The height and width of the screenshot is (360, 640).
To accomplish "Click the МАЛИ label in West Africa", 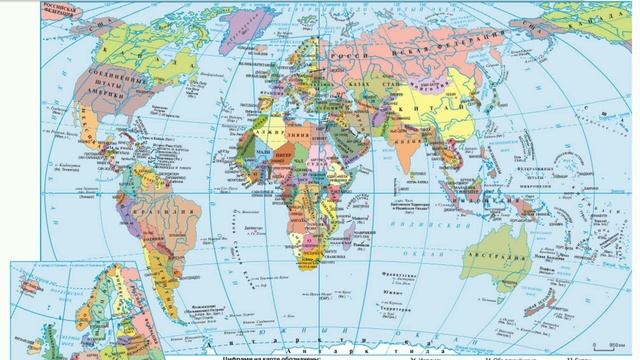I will pyautogui.click(x=244, y=151).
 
